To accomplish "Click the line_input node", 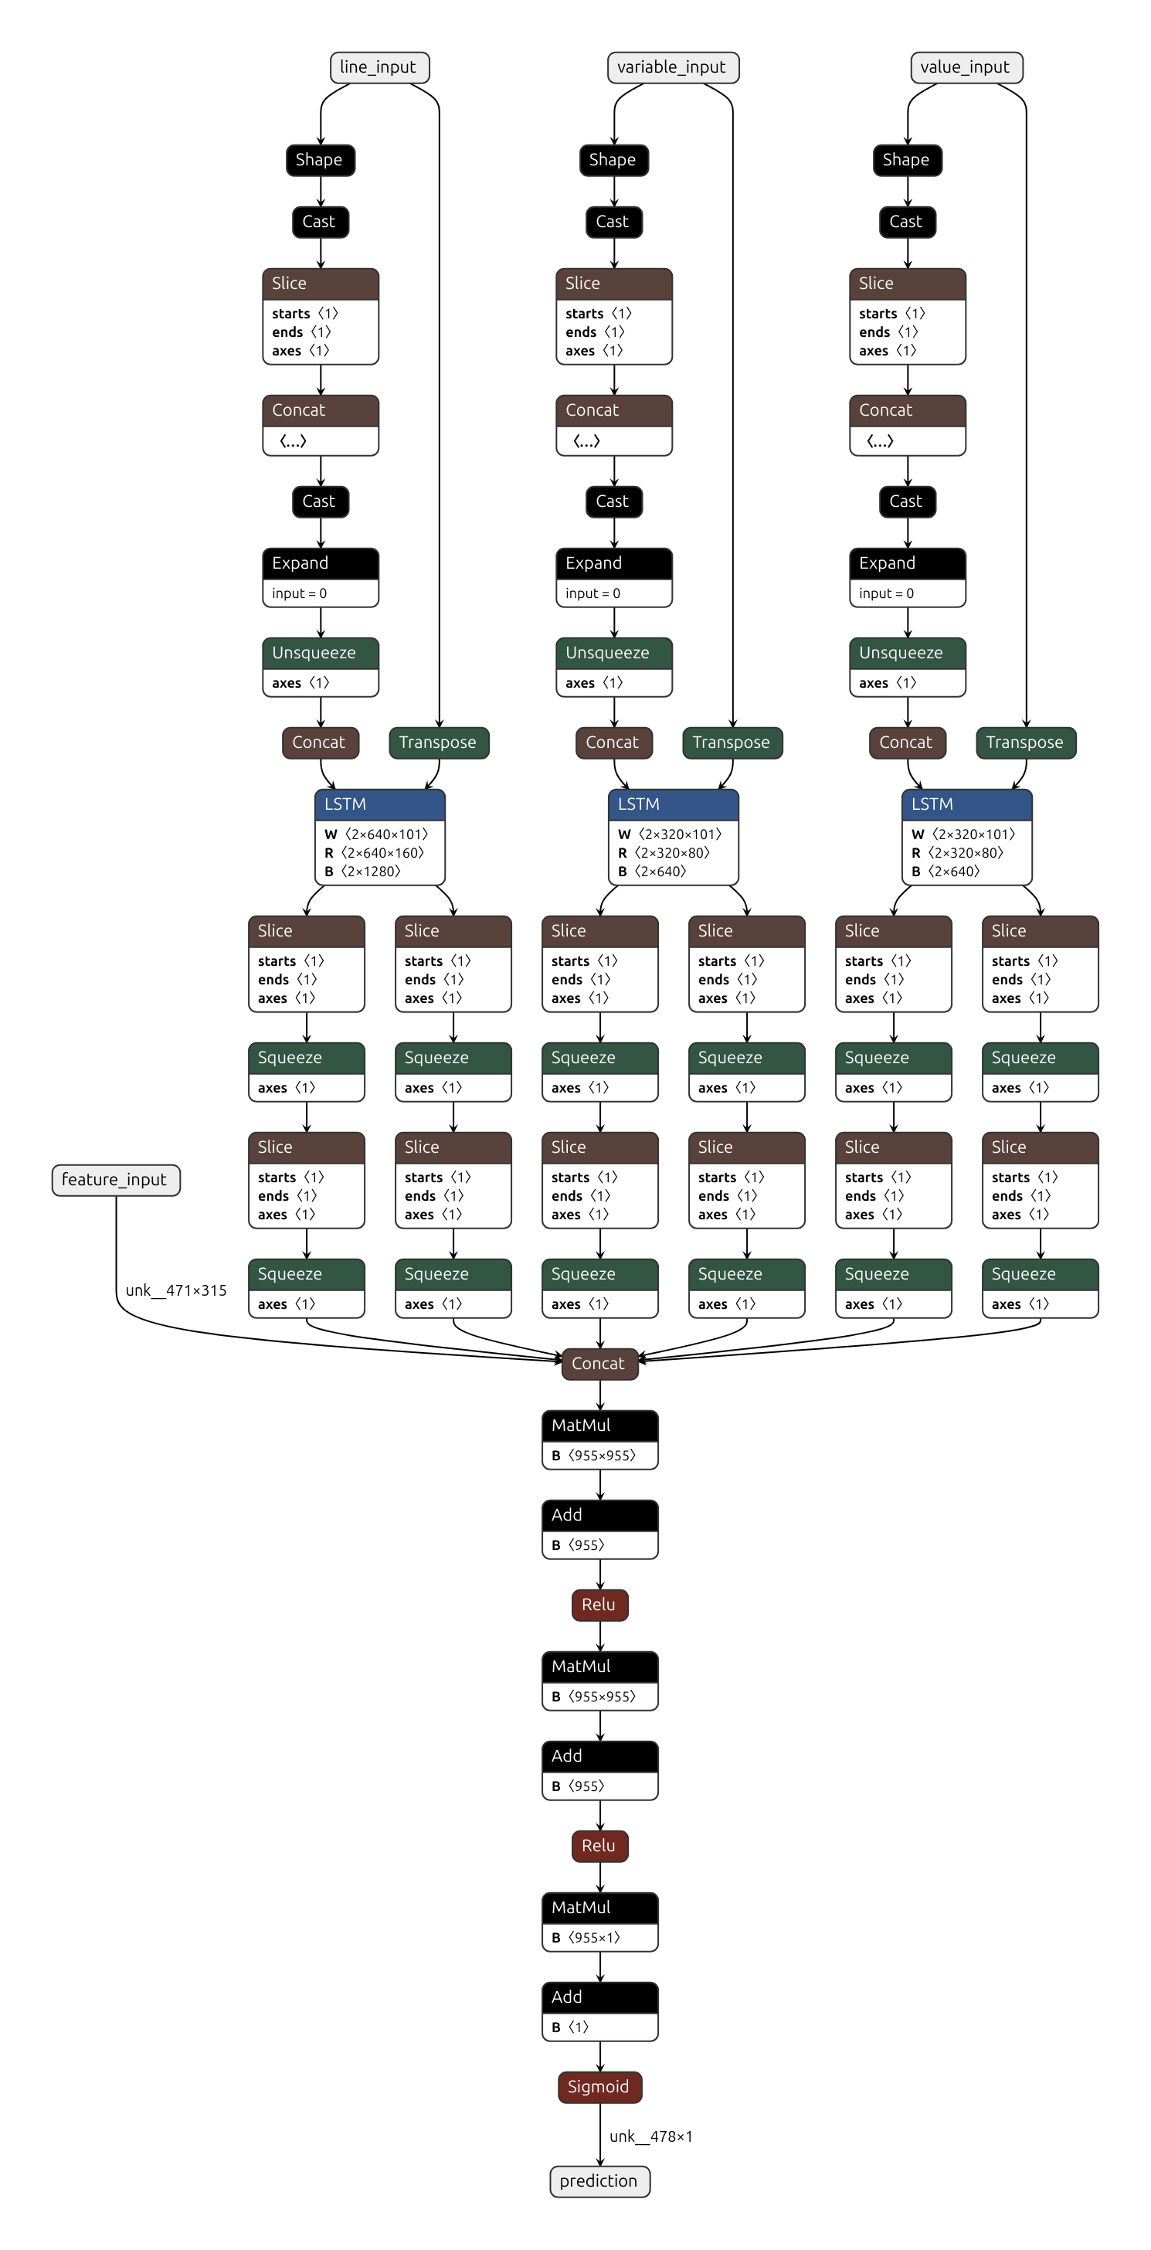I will pyautogui.click(x=379, y=67).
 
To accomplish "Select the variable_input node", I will pyautogui.click(x=672, y=67).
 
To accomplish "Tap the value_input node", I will pyautogui.click(x=966, y=67).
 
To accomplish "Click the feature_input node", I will pyautogui.click(x=115, y=1180).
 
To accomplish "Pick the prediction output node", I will pyautogui.click(x=599, y=2181).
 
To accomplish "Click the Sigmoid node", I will pyautogui.click(x=599, y=2087).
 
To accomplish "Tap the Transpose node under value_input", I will pyautogui.click(x=1025, y=743).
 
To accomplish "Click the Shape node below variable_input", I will pyautogui.click(x=613, y=160).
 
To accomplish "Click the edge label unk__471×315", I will pyautogui.click(x=176, y=1290).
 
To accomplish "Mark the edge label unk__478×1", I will pyautogui.click(x=650, y=2136).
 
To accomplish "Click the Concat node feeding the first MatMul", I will pyautogui.click(x=599, y=1364).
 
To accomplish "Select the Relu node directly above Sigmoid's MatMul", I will pyautogui.click(x=599, y=1846).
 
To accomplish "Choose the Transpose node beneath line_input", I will pyautogui.click(x=439, y=743).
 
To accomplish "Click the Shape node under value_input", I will pyautogui.click(x=906, y=160).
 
